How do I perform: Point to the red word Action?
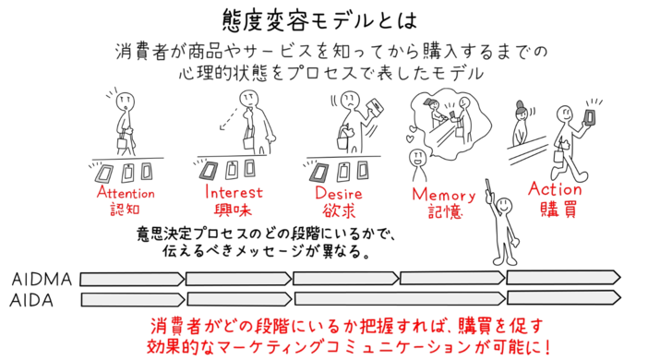555,189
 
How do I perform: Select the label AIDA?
34,299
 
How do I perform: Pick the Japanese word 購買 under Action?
555,209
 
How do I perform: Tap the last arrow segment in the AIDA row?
563,299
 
